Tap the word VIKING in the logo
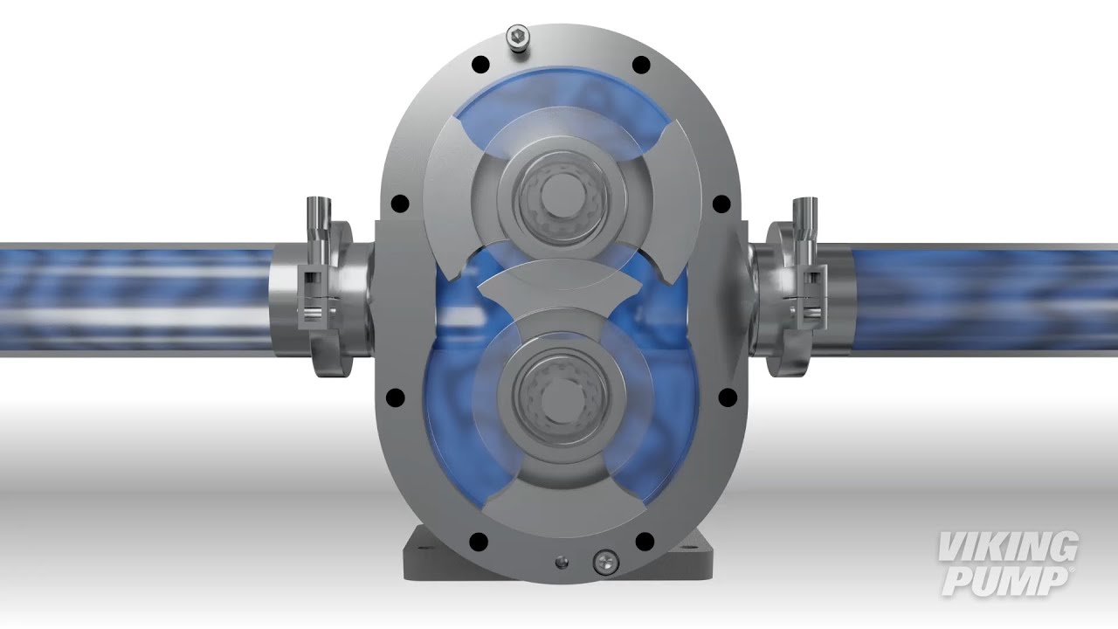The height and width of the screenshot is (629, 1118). point(1007,548)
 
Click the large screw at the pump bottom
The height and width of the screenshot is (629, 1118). point(604,559)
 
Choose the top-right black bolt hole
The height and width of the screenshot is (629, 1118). point(640,64)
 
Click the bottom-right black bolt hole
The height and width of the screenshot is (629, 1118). point(642,538)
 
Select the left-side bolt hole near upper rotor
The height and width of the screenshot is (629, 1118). point(400,204)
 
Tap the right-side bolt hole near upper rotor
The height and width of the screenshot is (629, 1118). point(721,204)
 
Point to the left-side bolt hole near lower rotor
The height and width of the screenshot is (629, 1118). point(397,397)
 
